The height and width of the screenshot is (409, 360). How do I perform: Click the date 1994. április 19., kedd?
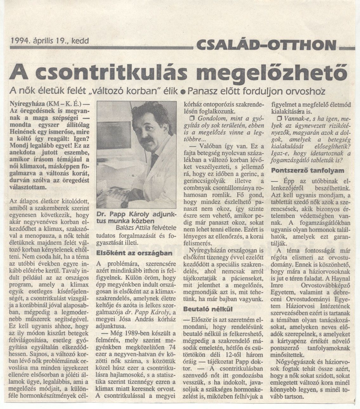click(49, 41)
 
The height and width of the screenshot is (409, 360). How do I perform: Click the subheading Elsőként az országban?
click(134, 253)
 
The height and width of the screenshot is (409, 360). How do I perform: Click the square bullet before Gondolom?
click(191, 118)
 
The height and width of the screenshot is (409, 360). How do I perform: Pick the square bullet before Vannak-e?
click(279, 118)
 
